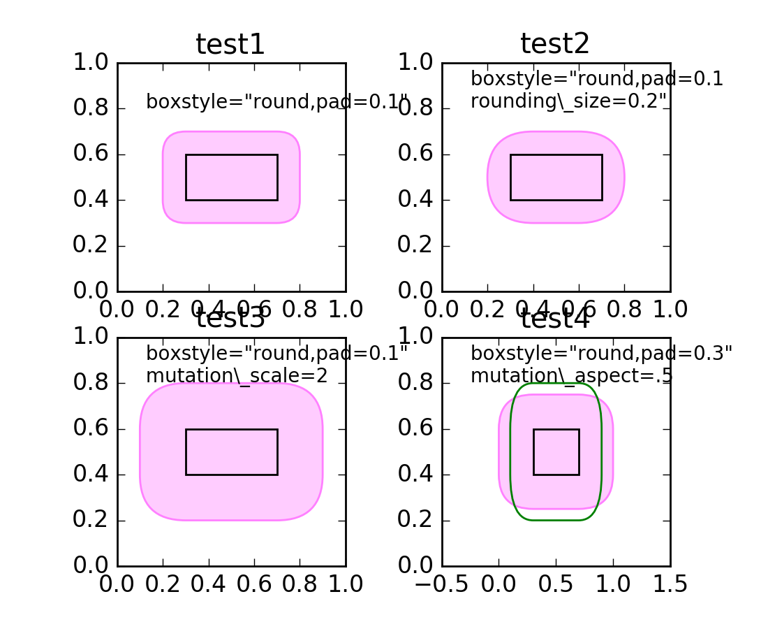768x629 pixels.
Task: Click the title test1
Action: pos(230,45)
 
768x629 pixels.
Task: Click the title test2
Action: pos(555,44)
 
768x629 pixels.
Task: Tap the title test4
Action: pos(555,319)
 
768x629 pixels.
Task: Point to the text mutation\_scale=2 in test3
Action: pos(237,376)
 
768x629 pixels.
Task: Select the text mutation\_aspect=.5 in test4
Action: pos(571,376)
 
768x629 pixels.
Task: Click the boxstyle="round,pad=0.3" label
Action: pos(601,354)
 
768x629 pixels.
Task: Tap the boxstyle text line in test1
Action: pos(276,102)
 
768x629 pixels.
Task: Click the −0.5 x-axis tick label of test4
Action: pos(441,584)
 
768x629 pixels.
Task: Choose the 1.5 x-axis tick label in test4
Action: pos(670,584)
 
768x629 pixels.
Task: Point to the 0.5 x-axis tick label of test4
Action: pos(556,584)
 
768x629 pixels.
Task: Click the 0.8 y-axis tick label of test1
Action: pos(91,108)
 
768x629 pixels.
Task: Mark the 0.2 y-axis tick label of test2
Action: pos(415,245)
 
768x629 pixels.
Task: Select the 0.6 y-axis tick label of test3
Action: pos(91,428)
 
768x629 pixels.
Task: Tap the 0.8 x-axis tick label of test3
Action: pos(300,584)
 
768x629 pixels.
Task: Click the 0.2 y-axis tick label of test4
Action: pos(415,520)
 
